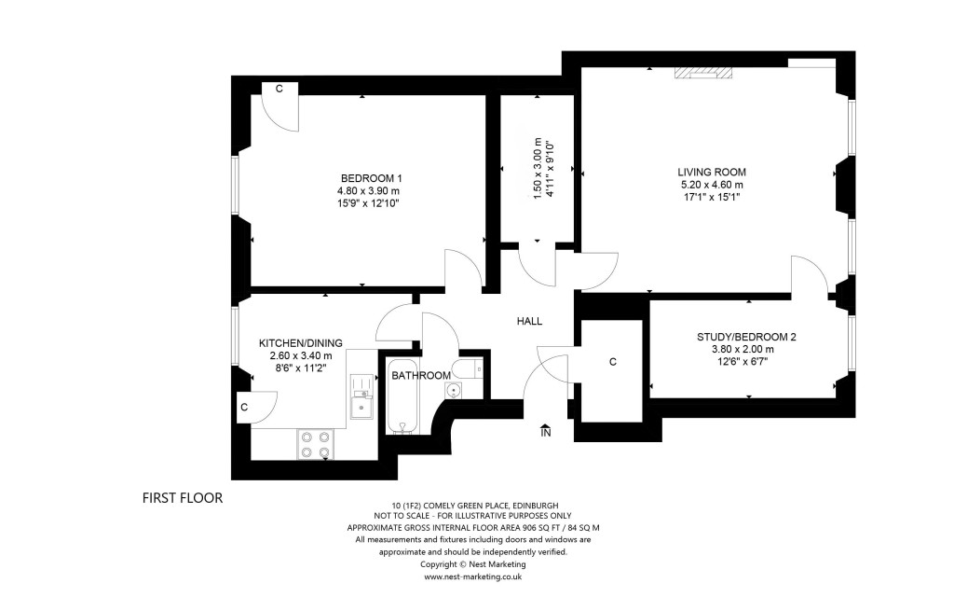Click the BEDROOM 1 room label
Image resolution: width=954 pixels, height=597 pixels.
(x=371, y=178)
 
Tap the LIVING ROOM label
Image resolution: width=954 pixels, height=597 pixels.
(x=712, y=172)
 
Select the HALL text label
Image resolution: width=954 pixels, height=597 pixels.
(x=529, y=321)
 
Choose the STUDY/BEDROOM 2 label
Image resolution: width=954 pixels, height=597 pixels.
(x=746, y=337)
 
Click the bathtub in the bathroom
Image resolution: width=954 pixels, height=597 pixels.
(x=402, y=396)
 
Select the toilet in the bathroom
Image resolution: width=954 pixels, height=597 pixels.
(x=468, y=367)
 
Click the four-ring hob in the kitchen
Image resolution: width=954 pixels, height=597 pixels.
(x=315, y=444)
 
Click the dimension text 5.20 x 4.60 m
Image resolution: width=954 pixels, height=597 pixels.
(x=712, y=185)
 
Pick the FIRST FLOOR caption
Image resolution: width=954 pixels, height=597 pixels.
(x=183, y=498)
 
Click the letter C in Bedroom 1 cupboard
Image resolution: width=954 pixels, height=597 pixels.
(x=279, y=89)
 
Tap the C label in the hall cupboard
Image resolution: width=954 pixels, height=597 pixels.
(x=612, y=361)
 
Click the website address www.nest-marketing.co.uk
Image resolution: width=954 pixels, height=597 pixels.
(x=472, y=576)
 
